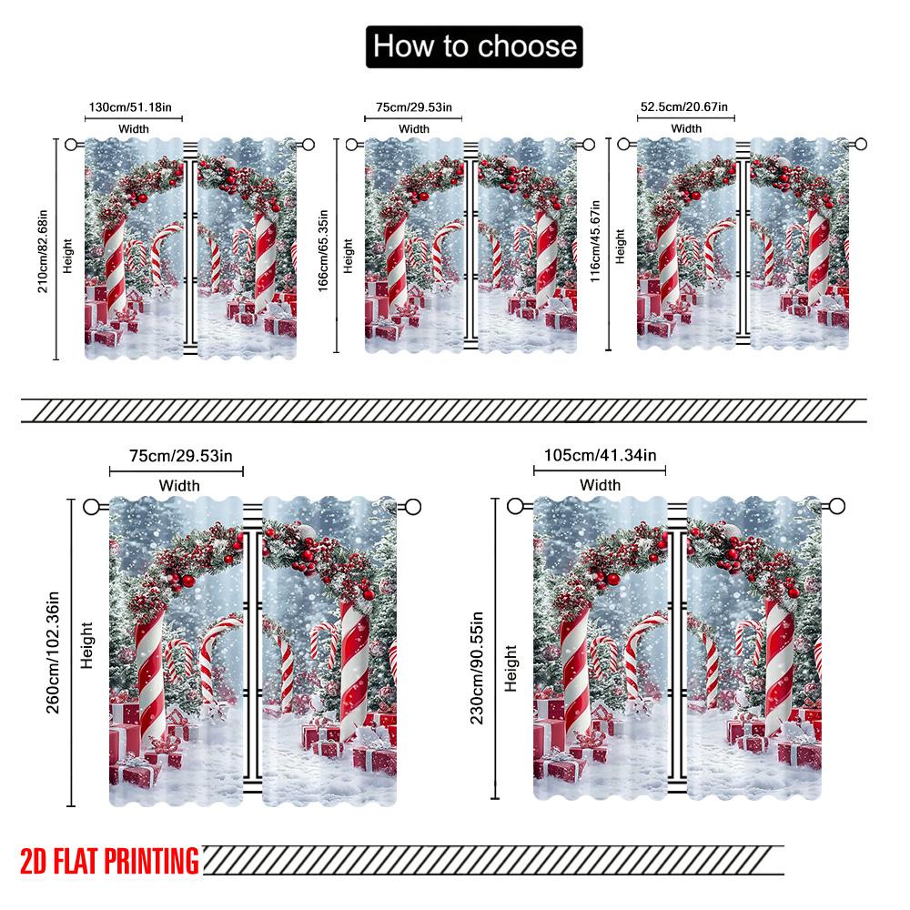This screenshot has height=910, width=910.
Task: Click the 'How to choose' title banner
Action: click(x=474, y=45)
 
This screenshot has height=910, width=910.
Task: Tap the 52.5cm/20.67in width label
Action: click(x=684, y=106)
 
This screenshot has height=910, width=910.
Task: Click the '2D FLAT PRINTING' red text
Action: click(x=109, y=859)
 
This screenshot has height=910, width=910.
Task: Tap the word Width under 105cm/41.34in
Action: click(x=600, y=484)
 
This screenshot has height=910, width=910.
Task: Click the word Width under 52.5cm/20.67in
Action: click(x=686, y=128)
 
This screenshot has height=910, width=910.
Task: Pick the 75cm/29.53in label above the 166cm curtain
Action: click(x=415, y=107)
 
